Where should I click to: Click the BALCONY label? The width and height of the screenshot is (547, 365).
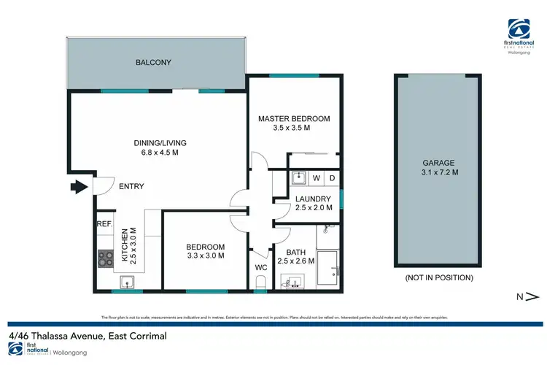[x=153, y=63]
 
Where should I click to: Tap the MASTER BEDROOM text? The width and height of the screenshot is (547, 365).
[x=294, y=119]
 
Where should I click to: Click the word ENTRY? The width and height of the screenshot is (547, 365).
[x=131, y=187]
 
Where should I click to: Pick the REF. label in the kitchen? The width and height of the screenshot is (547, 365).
[x=104, y=225]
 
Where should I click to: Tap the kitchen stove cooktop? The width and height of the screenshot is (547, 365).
[x=105, y=257]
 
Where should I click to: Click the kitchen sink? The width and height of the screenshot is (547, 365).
[x=125, y=282]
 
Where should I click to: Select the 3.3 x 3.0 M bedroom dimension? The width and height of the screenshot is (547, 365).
[x=204, y=256]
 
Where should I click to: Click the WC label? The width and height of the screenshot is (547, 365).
[x=261, y=267]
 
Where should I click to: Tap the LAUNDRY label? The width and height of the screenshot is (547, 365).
[x=314, y=199]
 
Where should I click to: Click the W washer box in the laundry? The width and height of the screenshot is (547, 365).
[x=317, y=178]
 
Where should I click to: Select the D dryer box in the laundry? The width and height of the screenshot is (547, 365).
[x=332, y=178]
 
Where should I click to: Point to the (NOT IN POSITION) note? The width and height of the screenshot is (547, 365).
[x=438, y=278]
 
